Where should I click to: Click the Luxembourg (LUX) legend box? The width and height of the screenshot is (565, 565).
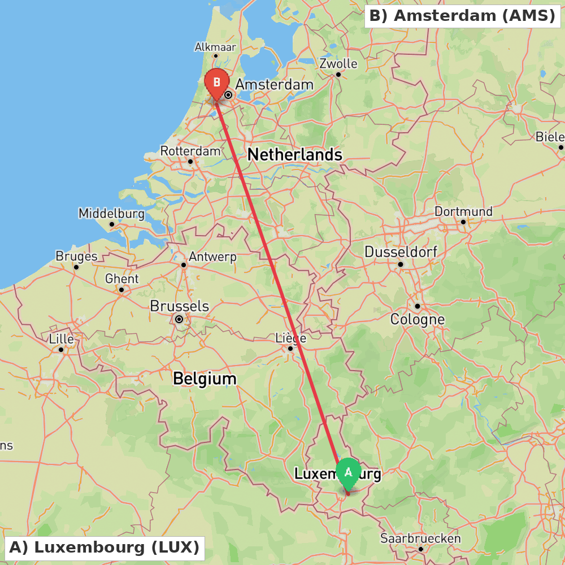[105, 547]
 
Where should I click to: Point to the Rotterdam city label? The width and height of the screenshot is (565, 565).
[190, 151]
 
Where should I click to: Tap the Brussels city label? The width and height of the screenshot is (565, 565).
[179, 306]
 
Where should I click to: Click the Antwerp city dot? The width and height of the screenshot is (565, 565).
[184, 264]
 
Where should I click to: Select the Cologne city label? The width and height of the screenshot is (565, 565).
[418, 319]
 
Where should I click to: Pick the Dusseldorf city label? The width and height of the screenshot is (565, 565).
[401, 251]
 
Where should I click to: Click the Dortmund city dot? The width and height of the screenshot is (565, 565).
[463, 221]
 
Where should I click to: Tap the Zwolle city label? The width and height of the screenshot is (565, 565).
[338, 63]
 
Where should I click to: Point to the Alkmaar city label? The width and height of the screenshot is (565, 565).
[215, 47]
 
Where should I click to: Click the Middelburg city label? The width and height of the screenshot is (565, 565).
[111, 214]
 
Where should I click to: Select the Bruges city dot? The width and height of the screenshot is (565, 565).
[76, 267]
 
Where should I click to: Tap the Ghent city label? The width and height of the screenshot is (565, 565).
[121, 279]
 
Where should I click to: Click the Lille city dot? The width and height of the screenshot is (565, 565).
[61, 349]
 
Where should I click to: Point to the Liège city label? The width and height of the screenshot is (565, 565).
[290, 338]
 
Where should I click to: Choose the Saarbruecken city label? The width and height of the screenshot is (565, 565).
[420, 538]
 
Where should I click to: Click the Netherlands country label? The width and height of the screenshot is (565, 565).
[294, 154]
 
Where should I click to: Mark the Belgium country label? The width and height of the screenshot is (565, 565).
[205, 379]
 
